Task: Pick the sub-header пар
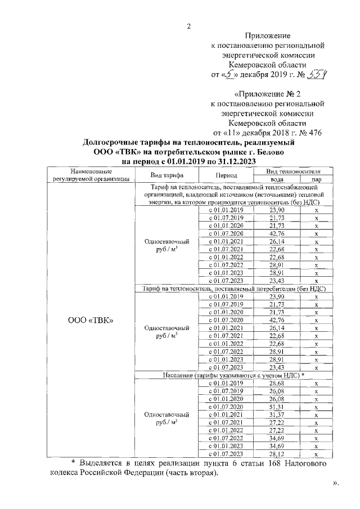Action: [317, 179]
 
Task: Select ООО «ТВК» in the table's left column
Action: [91, 320]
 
